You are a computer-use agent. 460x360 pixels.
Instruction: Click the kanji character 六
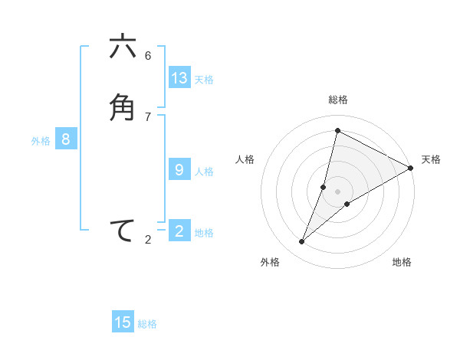coord(123,47)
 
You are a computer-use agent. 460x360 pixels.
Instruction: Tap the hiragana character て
coord(123,231)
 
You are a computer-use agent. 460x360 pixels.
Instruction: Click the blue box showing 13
coord(179,78)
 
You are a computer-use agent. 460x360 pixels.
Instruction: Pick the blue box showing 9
coord(179,170)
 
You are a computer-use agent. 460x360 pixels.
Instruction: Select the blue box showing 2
coord(179,231)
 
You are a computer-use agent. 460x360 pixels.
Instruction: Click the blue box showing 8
coord(66,139)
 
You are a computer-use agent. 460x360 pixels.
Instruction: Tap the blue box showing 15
coord(123,322)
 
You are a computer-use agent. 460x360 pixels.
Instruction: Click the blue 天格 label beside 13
coord(204,80)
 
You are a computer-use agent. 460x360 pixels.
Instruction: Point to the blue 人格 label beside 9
coord(204,172)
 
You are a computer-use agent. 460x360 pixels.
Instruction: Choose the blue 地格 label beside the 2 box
coord(204,233)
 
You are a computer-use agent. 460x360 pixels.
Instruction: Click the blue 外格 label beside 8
coord(41,141)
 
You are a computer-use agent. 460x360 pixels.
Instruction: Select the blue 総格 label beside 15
coord(147,324)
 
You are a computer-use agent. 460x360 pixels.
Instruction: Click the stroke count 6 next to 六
coord(148,55)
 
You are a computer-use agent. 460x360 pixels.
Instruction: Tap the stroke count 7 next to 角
coord(148,116)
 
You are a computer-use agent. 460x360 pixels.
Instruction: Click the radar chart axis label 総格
coord(338,100)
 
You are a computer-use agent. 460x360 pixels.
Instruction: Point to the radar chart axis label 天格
coord(431,159)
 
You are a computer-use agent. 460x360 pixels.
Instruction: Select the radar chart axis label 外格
coord(270,262)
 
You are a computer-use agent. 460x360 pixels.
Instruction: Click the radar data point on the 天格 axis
coord(411,168)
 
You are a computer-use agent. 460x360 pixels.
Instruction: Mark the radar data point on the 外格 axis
coord(302,242)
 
